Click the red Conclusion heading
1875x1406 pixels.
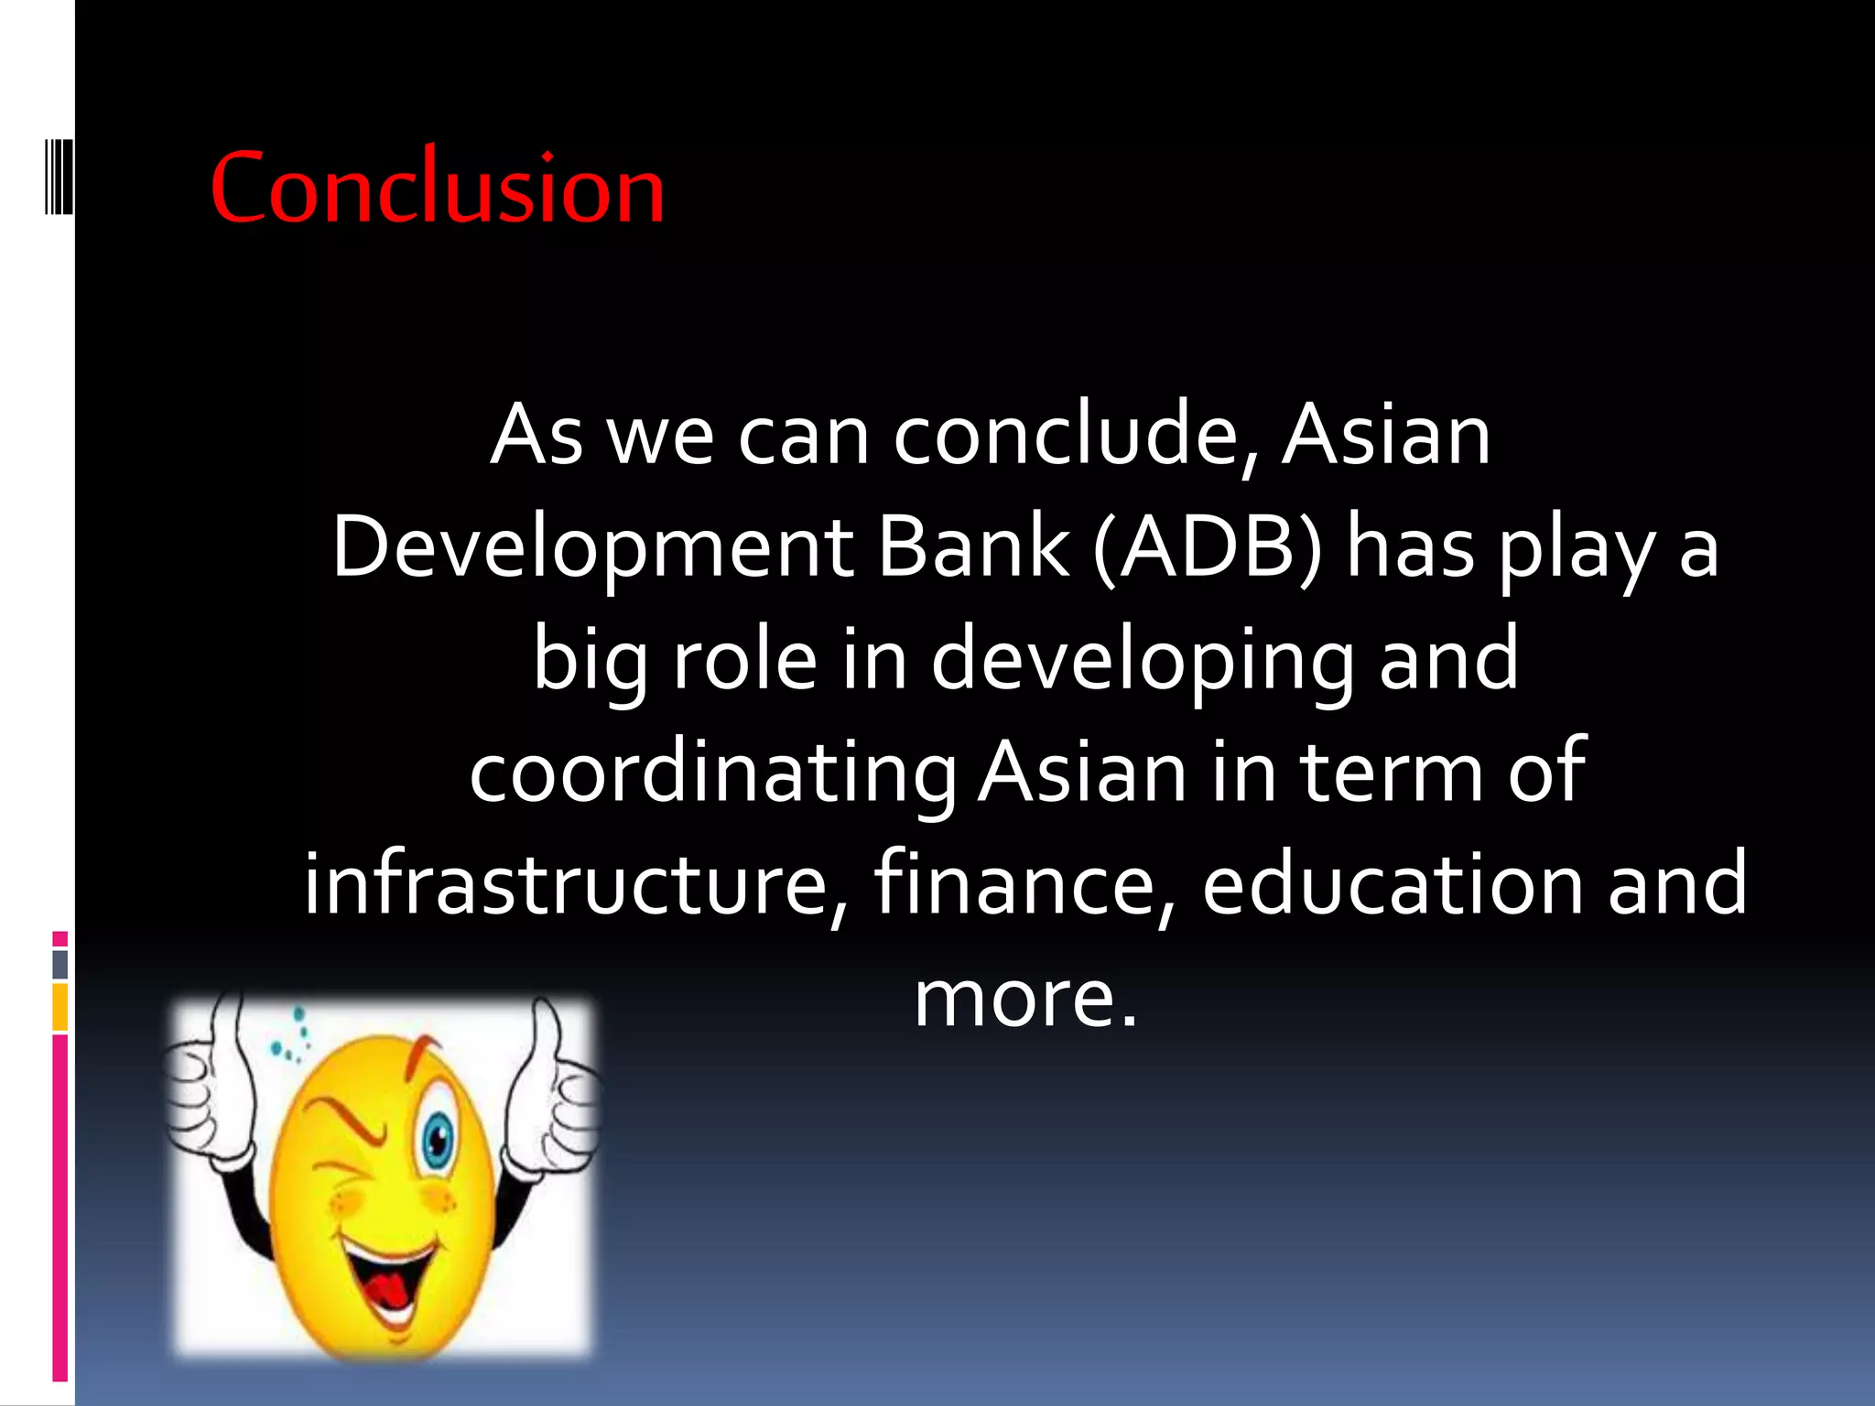438,189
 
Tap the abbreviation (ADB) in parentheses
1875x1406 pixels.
1208,548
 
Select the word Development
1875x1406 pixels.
592,548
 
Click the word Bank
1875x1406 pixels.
974,548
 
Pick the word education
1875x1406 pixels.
1392,883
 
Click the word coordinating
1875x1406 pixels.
712,772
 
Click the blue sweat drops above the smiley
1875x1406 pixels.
291,1039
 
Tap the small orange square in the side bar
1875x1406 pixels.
60,1007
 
